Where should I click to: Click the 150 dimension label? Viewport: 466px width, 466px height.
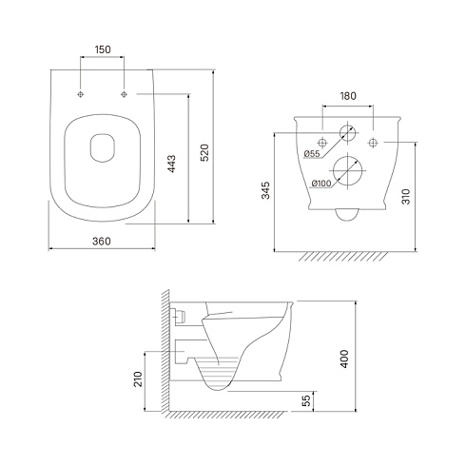point(103,49)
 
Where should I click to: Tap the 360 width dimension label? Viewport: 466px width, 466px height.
point(102,242)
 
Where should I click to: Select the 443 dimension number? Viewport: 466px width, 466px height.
point(171,164)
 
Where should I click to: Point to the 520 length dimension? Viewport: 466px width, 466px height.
point(205,153)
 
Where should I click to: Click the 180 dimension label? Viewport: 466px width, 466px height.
point(348,96)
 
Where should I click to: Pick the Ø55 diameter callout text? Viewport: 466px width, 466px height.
point(312,154)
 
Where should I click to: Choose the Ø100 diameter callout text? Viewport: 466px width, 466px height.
point(321,184)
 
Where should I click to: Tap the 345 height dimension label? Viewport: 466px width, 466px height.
point(265,190)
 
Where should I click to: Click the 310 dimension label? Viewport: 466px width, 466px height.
point(406,197)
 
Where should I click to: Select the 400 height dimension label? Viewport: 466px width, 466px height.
point(344,359)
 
